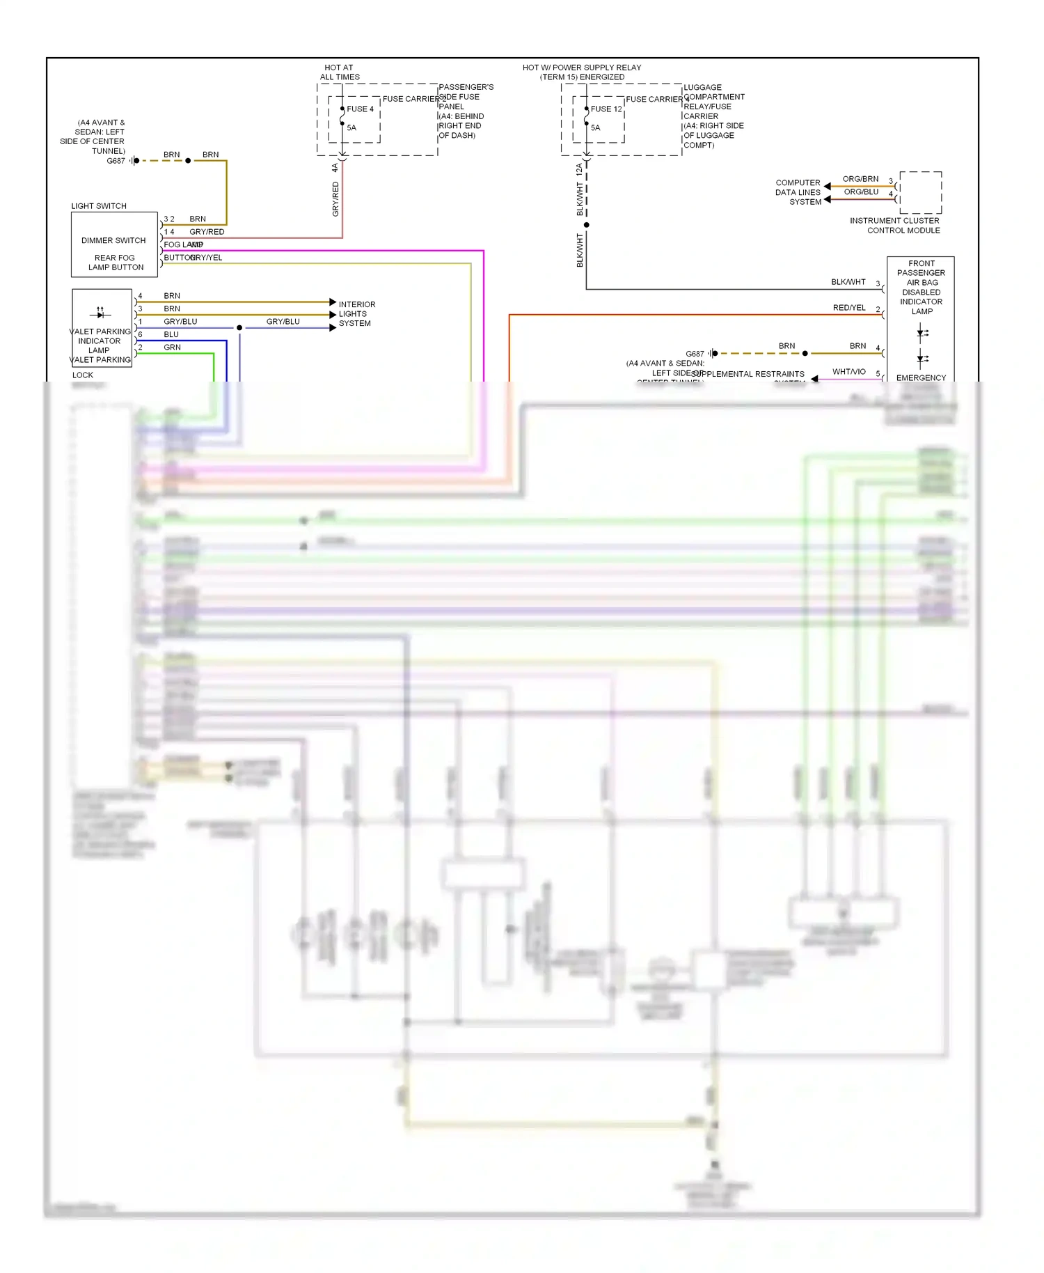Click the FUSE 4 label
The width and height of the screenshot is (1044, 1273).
pyautogui.click(x=360, y=109)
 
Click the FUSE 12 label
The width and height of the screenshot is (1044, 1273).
pyautogui.click(x=606, y=109)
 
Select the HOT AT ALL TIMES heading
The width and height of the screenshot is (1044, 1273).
pyautogui.click(x=340, y=72)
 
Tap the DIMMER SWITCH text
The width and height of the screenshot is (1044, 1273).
pyautogui.click(x=113, y=241)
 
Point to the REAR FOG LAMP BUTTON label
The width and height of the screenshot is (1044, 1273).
pyautogui.click(x=116, y=263)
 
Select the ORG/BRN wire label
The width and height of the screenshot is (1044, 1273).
pyautogui.click(x=860, y=179)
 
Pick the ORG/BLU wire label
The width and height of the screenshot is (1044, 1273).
pyautogui.click(x=861, y=192)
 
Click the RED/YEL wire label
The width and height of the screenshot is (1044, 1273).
pyautogui.click(x=849, y=308)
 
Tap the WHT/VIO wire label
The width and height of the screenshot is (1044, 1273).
pyautogui.click(x=849, y=372)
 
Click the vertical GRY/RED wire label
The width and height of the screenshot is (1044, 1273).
pyautogui.click(x=335, y=198)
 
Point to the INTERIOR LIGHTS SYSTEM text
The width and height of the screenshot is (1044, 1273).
pyautogui.click(x=356, y=314)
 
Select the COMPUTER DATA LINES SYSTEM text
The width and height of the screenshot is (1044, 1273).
pyautogui.click(x=798, y=193)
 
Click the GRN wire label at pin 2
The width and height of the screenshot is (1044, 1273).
pyautogui.click(x=172, y=347)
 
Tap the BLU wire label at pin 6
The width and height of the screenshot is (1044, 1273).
pyautogui.click(x=171, y=335)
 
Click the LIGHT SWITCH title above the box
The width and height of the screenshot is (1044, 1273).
pyautogui.click(x=99, y=206)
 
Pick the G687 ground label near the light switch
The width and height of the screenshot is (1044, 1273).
pyautogui.click(x=116, y=161)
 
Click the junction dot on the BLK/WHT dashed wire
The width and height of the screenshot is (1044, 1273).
pyautogui.click(x=587, y=225)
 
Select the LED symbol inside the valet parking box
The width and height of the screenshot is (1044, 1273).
pyautogui.click(x=100, y=312)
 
